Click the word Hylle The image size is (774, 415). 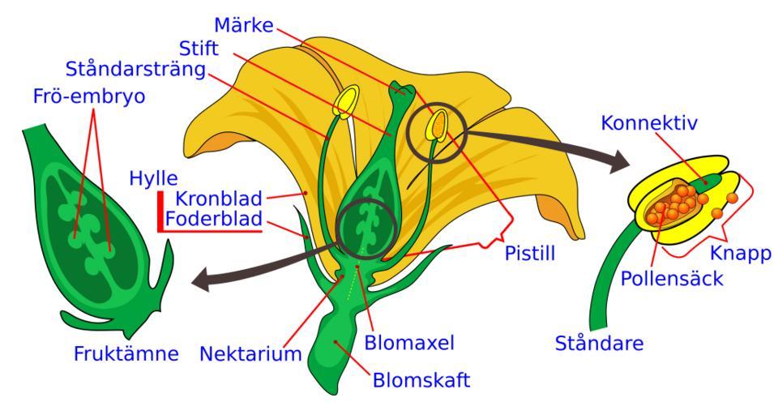pos(153,178)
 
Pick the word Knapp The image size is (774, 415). pos(738,253)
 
